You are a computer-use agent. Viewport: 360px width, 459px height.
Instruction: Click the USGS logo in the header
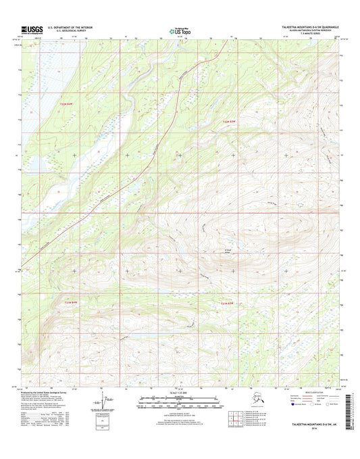point(31,29)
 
